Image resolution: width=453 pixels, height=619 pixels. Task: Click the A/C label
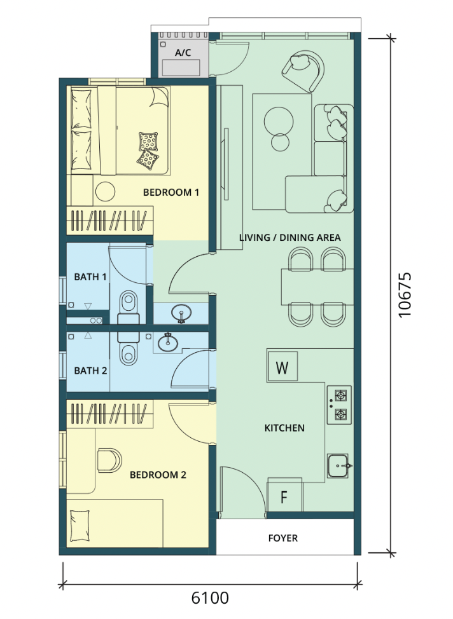click(x=183, y=53)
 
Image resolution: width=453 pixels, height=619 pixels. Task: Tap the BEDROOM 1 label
click(x=171, y=193)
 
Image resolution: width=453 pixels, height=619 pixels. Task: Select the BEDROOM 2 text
click(x=158, y=475)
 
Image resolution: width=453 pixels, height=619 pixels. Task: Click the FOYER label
click(x=283, y=538)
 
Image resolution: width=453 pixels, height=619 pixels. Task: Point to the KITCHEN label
click(x=284, y=428)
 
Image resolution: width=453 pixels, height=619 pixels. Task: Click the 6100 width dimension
click(x=210, y=597)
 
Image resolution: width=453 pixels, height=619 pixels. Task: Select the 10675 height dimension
click(x=405, y=294)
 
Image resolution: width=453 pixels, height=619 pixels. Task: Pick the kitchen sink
click(x=338, y=466)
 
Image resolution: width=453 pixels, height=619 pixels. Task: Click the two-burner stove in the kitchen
click(x=339, y=405)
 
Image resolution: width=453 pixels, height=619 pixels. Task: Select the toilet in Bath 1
click(x=129, y=309)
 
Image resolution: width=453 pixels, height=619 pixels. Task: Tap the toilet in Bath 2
click(x=128, y=349)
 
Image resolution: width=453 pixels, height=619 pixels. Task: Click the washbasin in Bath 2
click(x=167, y=342)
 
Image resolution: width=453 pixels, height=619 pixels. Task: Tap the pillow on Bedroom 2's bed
click(x=80, y=526)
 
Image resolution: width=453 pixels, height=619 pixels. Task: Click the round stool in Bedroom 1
click(x=105, y=191)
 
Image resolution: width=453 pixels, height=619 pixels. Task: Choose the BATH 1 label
click(x=90, y=276)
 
